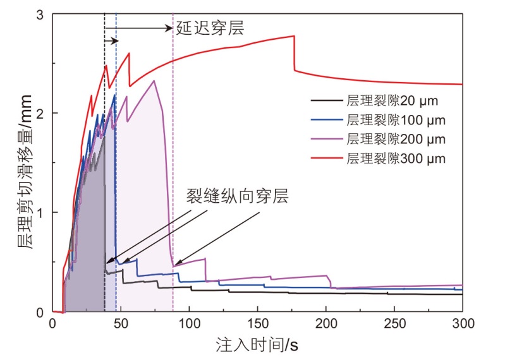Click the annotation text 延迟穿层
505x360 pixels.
click(209, 27)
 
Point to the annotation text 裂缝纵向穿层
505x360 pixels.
click(237, 196)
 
